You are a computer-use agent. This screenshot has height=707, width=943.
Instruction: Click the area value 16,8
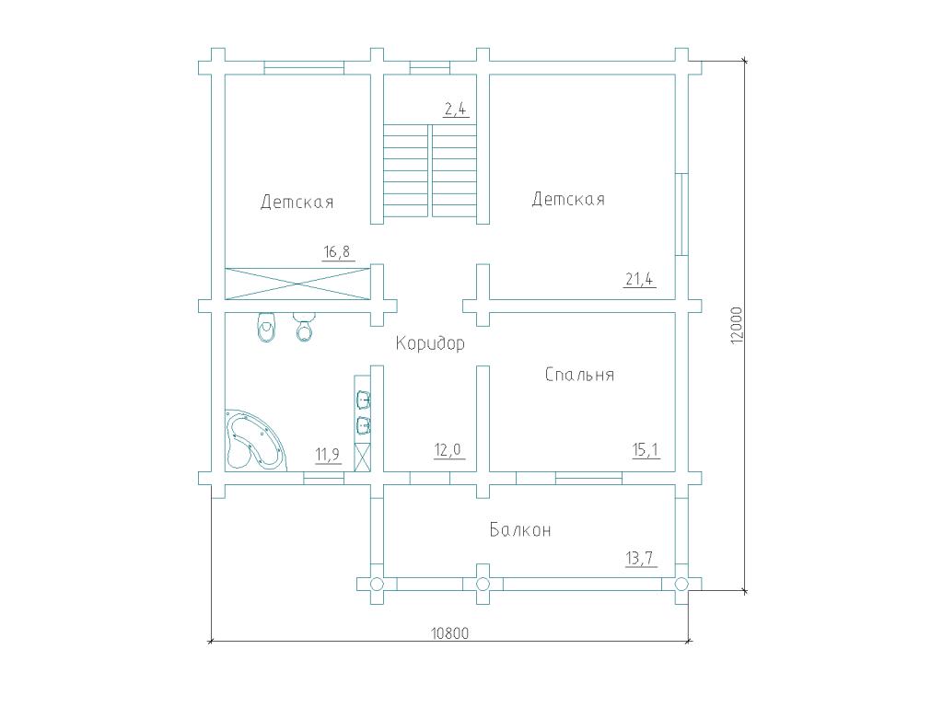[x=337, y=251]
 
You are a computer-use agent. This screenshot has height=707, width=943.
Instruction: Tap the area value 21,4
[x=639, y=280]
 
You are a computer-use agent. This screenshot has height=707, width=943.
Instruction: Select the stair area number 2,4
[x=455, y=110]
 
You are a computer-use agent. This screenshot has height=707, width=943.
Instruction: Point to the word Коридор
[x=430, y=343]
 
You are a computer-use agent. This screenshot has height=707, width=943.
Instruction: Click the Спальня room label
[x=579, y=375]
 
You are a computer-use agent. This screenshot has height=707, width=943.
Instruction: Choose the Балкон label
[x=520, y=529]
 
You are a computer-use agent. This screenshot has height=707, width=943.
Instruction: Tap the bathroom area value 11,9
[x=328, y=455]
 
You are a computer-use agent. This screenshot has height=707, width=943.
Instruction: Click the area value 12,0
[x=448, y=449]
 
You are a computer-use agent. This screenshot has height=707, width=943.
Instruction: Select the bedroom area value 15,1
[x=646, y=449]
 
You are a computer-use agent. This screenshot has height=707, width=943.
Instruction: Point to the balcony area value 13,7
[x=640, y=559]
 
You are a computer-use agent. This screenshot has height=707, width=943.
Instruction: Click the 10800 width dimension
[x=449, y=633]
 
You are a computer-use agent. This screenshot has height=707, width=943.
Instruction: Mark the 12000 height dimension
[x=738, y=325]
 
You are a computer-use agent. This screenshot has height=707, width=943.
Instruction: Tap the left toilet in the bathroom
[x=265, y=327]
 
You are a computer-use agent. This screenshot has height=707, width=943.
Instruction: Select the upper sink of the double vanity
[x=363, y=399]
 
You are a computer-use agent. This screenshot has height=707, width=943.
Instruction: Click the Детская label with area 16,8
[x=297, y=202]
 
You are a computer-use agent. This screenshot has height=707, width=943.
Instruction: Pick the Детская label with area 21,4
[x=568, y=199]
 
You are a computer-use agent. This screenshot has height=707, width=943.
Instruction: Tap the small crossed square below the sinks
[x=362, y=458]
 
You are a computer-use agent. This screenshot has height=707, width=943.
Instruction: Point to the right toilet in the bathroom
[x=304, y=327]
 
